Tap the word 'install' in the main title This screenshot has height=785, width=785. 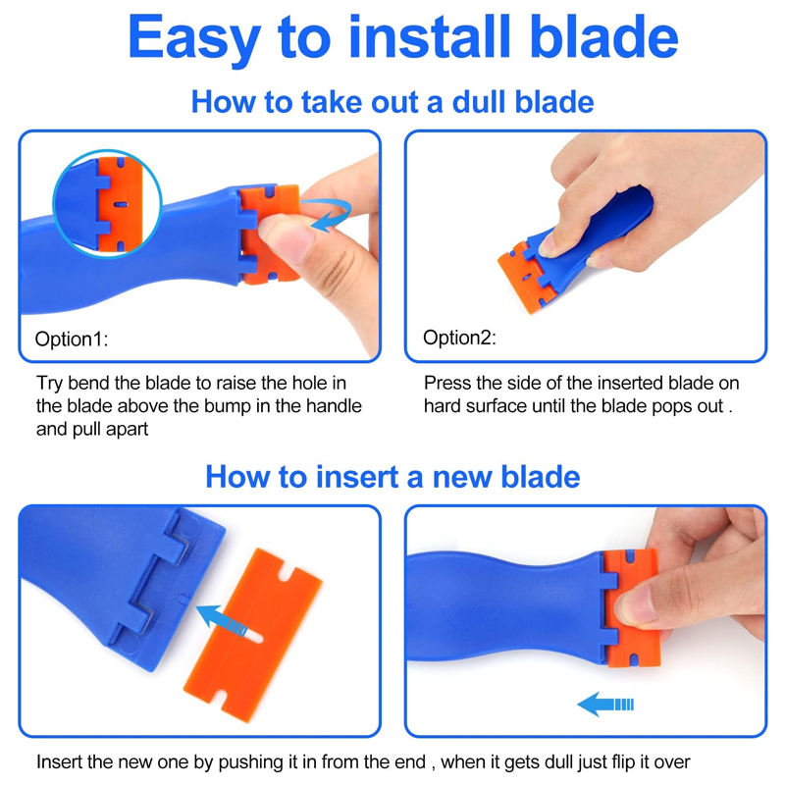[430, 36]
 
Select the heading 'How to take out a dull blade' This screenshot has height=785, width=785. [392, 102]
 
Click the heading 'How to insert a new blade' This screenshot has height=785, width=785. [392, 476]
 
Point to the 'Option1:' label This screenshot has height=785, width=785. [71, 340]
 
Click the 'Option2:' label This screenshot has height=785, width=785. [459, 338]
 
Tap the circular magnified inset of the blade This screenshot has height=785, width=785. [107, 203]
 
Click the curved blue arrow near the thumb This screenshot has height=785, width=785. [328, 214]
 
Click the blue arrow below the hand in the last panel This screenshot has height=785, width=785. [605, 705]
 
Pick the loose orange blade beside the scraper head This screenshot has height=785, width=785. [253, 635]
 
